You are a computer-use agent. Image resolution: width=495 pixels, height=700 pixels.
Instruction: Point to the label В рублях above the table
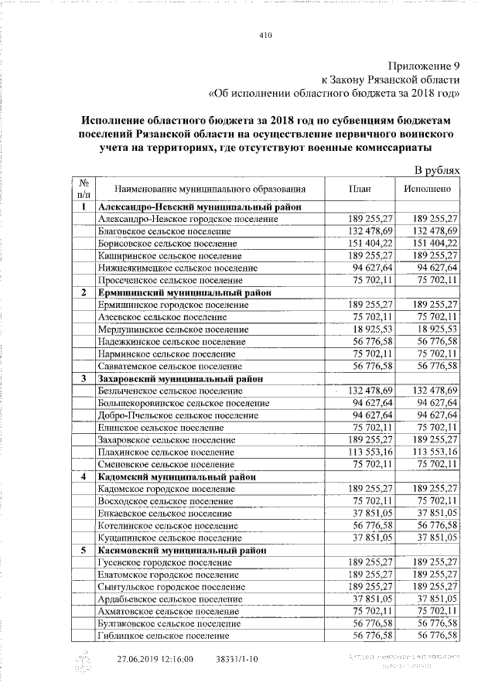click(437, 169)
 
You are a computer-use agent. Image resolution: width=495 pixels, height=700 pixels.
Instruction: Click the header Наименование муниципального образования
click(209, 188)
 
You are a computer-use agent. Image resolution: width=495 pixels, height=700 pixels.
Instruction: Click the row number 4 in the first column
click(83, 476)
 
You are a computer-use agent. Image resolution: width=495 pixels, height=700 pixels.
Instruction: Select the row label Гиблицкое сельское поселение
click(164, 635)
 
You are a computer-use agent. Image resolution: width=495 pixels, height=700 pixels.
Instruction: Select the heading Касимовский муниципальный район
click(183, 550)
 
